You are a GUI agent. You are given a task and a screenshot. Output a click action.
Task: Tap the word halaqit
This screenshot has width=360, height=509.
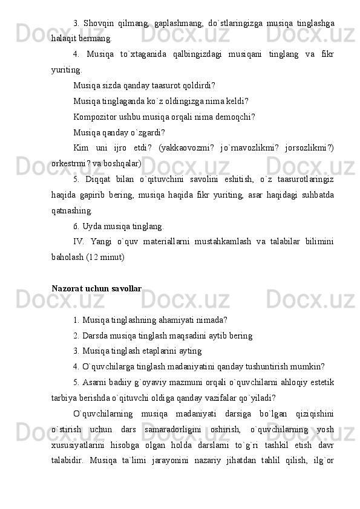click(65, 39)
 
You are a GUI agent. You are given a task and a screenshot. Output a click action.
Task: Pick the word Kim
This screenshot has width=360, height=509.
click(80, 148)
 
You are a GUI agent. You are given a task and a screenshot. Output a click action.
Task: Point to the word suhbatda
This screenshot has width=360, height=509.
click(318, 195)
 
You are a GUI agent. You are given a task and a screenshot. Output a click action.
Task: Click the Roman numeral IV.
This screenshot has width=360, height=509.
click(79, 242)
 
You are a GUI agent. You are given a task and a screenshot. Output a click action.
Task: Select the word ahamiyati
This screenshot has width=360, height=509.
click(171, 320)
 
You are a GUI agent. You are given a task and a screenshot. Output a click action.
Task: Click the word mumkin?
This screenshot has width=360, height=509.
click(310, 367)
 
